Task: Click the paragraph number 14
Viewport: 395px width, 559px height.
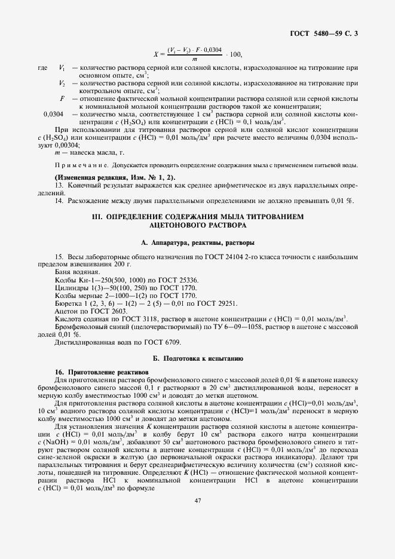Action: coord(59,201)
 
